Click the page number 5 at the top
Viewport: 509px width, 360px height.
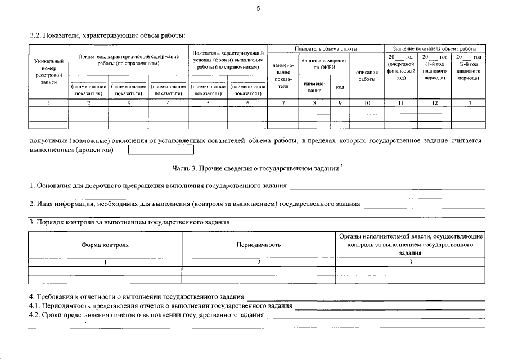pos(257,8)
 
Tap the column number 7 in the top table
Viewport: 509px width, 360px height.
pos(283,102)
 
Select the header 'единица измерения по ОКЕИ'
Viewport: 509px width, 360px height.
pos(325,64)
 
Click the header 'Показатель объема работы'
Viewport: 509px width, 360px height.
pos(325,49)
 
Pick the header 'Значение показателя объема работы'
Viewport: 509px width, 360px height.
pos(434,49)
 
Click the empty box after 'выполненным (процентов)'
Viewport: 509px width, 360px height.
pos(161,150)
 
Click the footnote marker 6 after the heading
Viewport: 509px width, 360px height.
pos(342,164)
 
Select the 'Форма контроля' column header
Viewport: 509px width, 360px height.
pos(105,245)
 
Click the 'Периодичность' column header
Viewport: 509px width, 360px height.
pos(259,245)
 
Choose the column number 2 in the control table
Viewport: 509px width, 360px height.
pos(259,262)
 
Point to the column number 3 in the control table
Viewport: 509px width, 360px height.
pos(410,262)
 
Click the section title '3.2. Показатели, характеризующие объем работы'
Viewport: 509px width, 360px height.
pos(107,35)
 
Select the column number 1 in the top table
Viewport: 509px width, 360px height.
pos(49,102)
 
